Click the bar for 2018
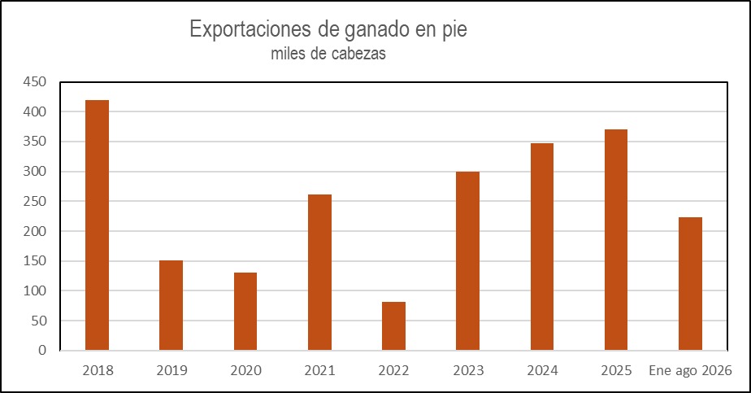(97, 225)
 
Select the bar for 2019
(171, 305)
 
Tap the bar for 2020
(245, 312)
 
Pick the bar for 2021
(319, 273)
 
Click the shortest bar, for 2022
(393, 326)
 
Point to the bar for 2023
(467, 260)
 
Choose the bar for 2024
(541, 247)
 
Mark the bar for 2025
(616, 240)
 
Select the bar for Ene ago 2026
(690, 284)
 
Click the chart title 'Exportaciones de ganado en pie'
(328, 29)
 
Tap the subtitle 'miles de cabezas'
(328, 53)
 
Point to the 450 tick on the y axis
(34, 82)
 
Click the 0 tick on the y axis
(42, 351)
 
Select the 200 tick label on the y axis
(34, 231)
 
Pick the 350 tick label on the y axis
(34, 142)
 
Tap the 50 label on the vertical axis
(39, 321)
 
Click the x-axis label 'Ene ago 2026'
(690, 370)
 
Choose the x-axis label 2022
(393, 370)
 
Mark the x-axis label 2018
(98, 370)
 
